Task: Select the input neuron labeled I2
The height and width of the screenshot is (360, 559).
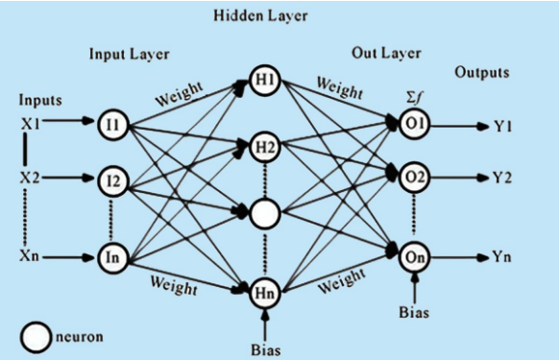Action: [111, 180]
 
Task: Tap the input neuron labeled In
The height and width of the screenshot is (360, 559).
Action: [111, 257]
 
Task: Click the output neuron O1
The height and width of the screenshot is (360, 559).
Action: [416, 123]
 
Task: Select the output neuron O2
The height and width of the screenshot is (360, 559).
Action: [416, 177]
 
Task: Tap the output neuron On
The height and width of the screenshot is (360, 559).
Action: [416, 257]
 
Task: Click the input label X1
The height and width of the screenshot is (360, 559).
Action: [31, 122]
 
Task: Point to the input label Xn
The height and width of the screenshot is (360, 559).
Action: [31, 257]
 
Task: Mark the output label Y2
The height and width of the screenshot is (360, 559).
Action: [501, 177]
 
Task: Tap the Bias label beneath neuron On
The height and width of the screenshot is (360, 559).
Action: [416, 311]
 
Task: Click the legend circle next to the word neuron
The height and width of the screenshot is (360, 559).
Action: [36, 336]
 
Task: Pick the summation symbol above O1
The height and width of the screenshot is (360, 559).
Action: [415, 96]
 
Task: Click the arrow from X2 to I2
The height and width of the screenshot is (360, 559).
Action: [73, 180]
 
